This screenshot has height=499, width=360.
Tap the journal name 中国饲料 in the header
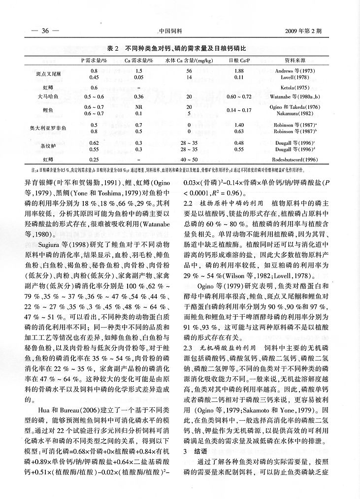(x=171, y=31)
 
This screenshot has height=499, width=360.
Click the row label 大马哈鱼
(x=48, y=97)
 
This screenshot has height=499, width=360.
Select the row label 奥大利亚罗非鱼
(x=50, y=129)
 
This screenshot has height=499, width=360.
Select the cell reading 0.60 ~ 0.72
(x=239, y=97)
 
